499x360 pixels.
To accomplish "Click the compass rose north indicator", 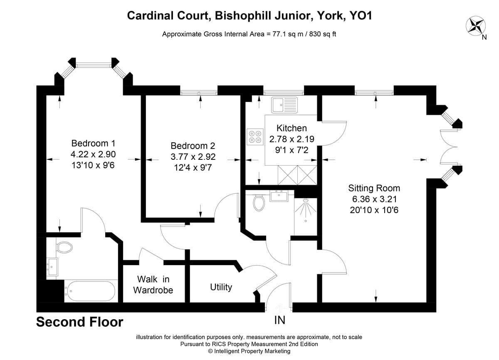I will click(x=476, y=26).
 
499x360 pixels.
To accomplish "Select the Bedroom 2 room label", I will click(x=193, y=146).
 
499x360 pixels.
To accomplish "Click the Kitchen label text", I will click(x=291, y=128).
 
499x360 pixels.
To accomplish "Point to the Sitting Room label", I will click(x=374, y=188).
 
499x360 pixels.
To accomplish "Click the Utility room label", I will click(x=221, y=287).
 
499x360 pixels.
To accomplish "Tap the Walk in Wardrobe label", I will click(x=153, y=285).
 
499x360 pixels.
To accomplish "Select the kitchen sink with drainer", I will click(x=284, y=105).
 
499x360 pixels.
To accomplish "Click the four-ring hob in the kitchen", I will click(x=255, y=137).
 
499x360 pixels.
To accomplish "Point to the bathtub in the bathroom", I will click(x=91, y=290).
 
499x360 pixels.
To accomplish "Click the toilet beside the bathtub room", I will click(x=64, y=247).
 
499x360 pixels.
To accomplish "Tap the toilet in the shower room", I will click(x=259, y=202).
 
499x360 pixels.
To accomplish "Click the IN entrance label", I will click(x=279, y=320).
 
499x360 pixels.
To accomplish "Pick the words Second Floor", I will click(x=80, y=322).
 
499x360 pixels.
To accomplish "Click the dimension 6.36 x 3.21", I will click(x=374, y=199).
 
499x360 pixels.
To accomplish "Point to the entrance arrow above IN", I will click(x=279, y=308).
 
